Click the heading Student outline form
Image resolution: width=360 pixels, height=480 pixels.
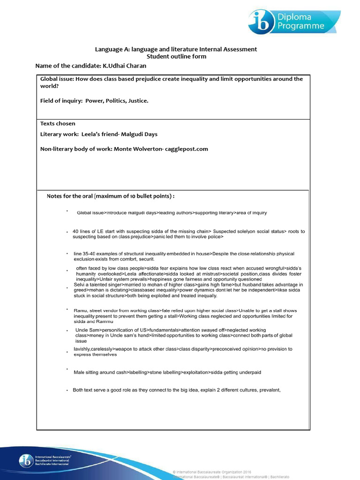[x=176, y=56]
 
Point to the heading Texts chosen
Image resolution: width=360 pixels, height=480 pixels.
[x=58, y=124]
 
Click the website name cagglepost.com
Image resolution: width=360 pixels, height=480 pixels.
[x=185, y=149]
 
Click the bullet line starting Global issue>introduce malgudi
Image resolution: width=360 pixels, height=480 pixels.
[x=172, y=213]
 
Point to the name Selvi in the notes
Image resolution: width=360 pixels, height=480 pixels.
[x=81, y=285]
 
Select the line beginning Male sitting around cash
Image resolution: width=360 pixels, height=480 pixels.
[x=167, y=372]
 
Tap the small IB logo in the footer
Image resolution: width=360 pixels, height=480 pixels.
[x=25, y=460]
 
